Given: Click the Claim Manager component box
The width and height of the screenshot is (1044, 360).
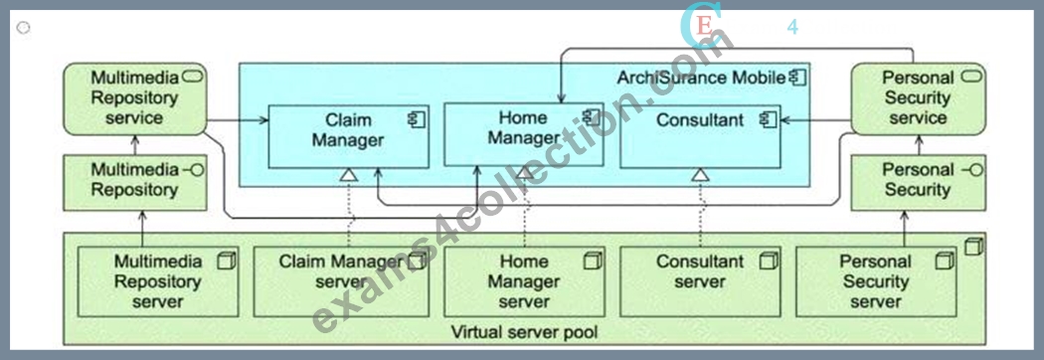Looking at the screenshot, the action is pyautogui.click(x=348, y=136).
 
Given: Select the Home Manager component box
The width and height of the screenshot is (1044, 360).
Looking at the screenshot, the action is pyautogui.click(x=524, y=134).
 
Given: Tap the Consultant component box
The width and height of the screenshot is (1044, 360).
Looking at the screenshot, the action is pyautogui.click(x=700, y=136).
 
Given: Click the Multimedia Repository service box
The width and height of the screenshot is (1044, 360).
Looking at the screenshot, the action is pyautogui.click(x=134, y=98).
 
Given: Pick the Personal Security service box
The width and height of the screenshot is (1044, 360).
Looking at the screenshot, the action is pyautogui.click(x=918, y=98).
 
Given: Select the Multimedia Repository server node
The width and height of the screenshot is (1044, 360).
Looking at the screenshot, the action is pyautogui.click(x=158, y=281).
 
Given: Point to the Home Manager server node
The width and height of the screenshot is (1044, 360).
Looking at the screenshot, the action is pyautogui.click(x=525, y=281).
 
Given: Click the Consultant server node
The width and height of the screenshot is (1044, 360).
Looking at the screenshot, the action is pyautogui.click(x=700, y=281).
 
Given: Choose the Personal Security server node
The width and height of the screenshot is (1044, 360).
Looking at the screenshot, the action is pyautogui.click(x=876, y=281).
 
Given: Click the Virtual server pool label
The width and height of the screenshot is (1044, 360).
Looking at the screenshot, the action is pyautogui.click(x=524, y=331).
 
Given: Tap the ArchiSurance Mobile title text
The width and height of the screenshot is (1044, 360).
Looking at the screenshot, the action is pyautogui.click(x=700, y=78).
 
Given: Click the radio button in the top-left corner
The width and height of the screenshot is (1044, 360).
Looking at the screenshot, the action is pyautogui.click(x=23, y=27).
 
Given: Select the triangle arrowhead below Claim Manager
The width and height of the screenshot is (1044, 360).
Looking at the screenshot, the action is pyautogui.click(x=348, y=175).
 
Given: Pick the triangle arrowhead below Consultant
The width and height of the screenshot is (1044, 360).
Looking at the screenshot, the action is pyautogui.click(x=699, y=175).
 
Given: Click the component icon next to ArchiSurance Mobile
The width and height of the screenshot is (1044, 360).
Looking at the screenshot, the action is pyautogui.click(x=797, y=78).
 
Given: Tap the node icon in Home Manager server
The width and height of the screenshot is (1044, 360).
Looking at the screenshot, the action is pyautogui.click(x=592, y=261).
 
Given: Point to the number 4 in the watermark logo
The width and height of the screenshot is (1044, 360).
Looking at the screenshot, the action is pyautogui.click(x=792, y=27).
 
